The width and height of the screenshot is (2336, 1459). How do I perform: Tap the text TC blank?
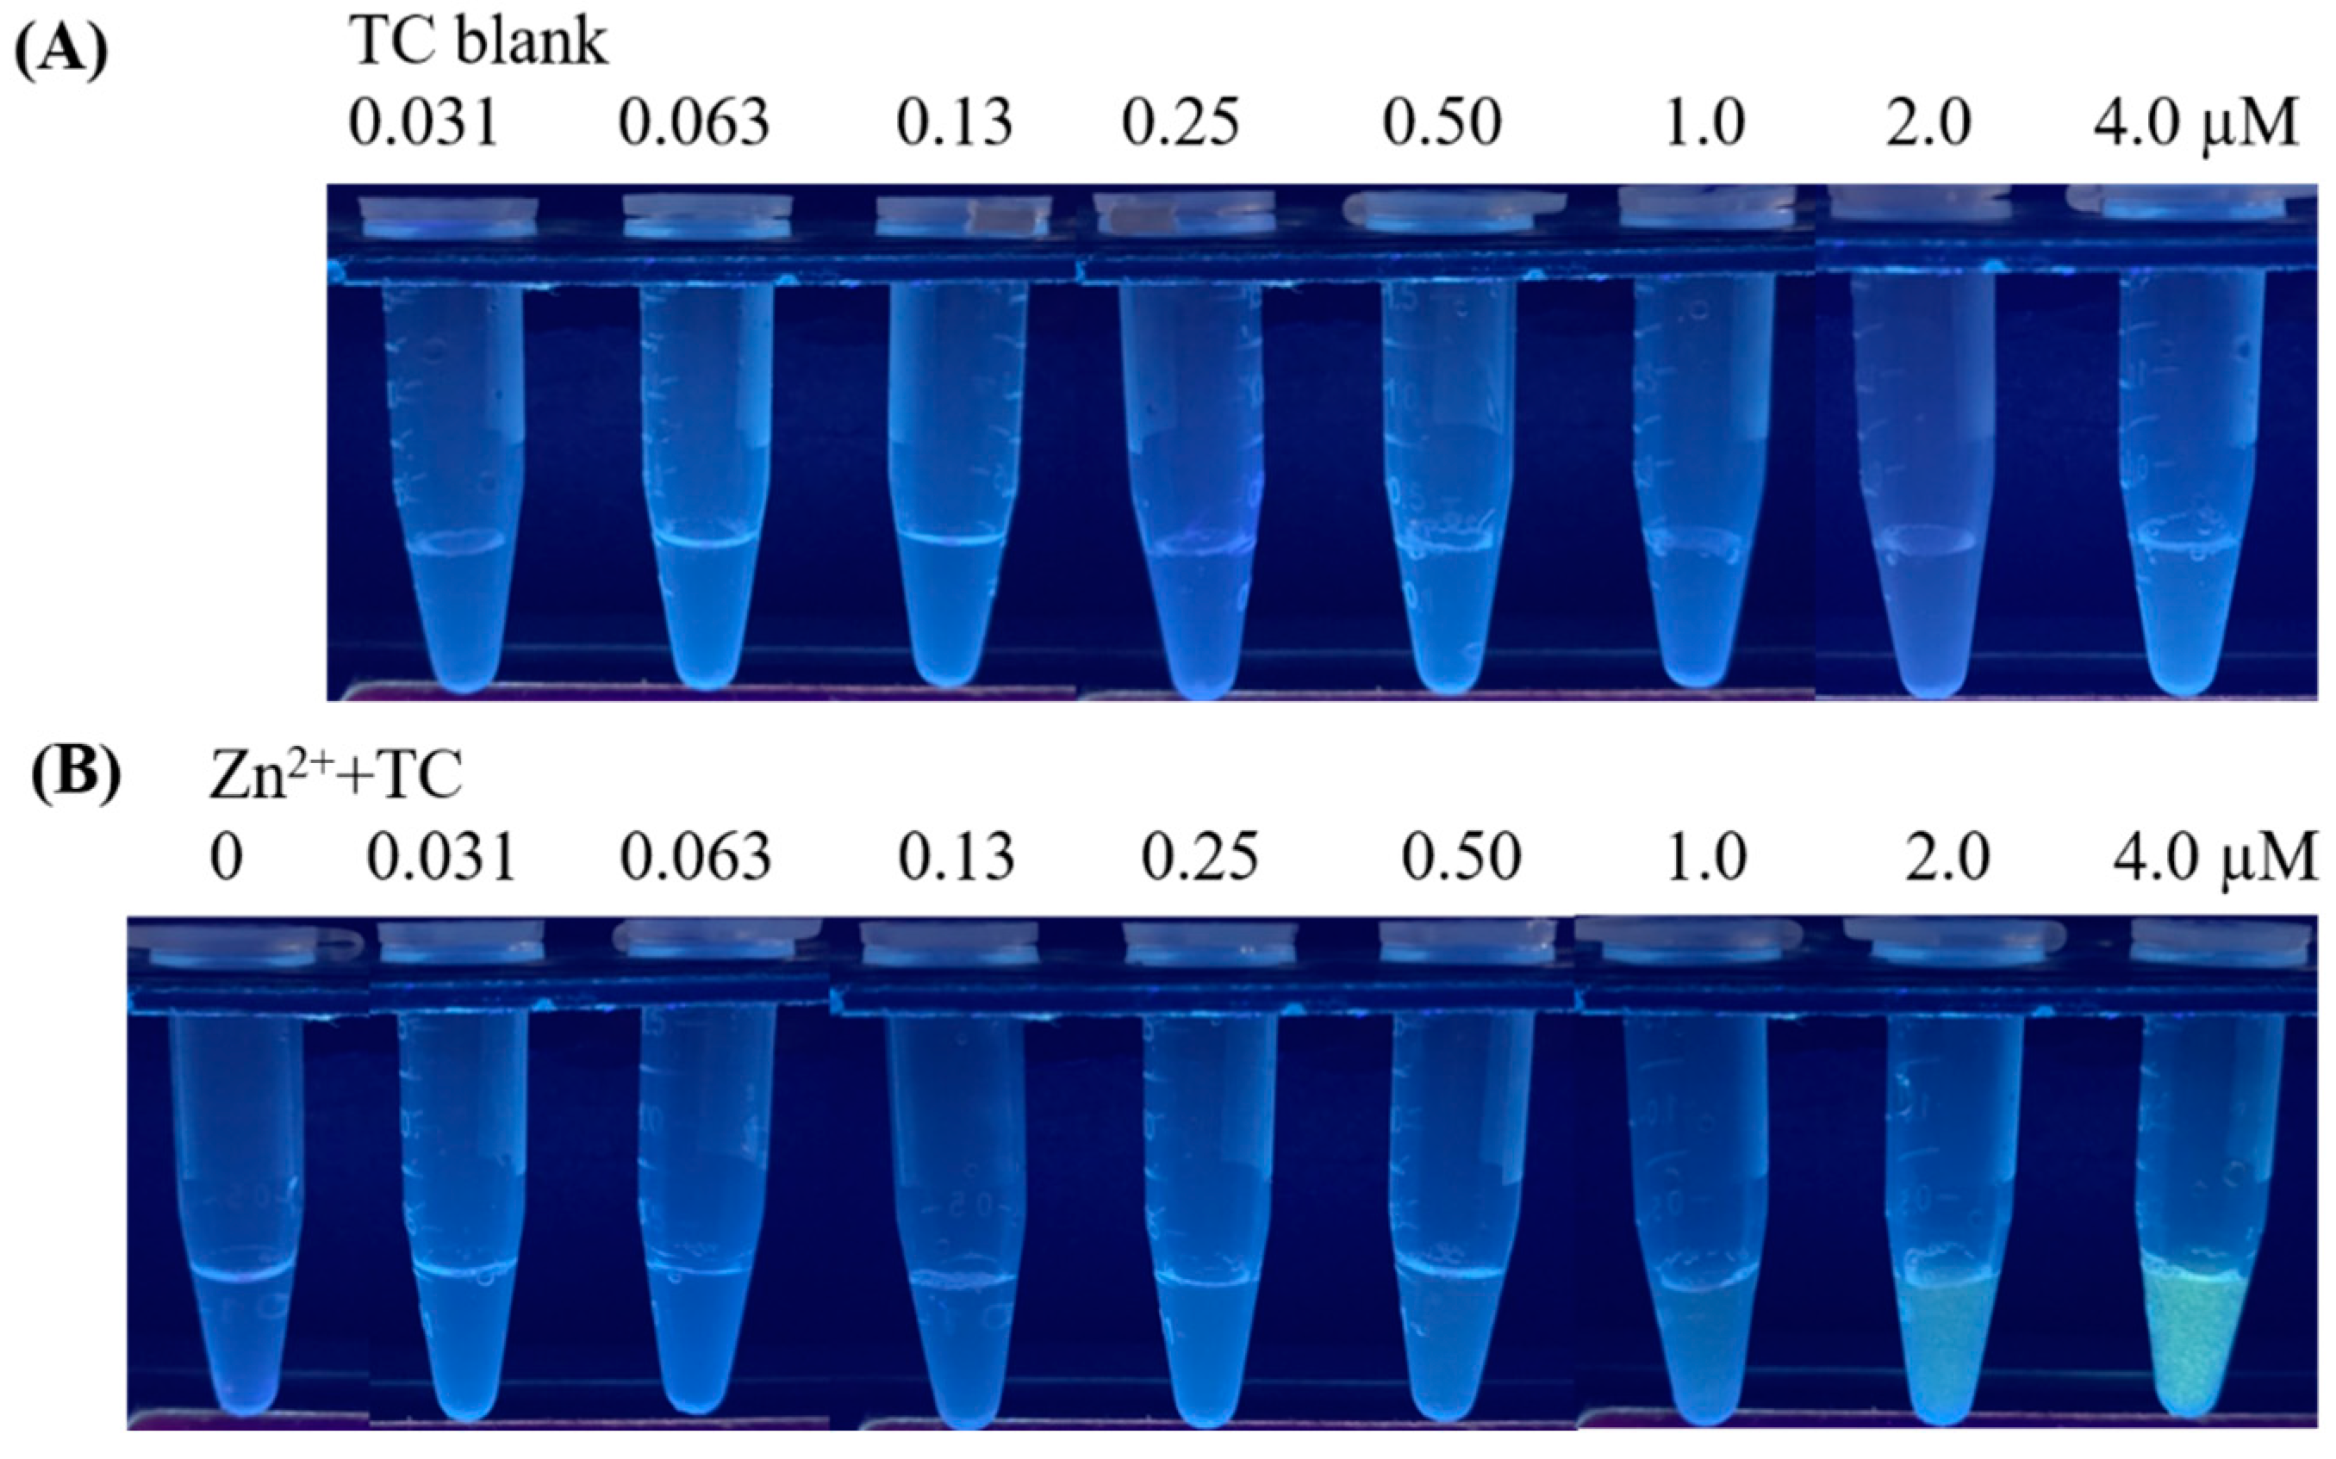479,42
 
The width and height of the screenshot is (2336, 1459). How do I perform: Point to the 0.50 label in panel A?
1442,123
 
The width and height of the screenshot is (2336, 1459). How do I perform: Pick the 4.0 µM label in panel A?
2195,123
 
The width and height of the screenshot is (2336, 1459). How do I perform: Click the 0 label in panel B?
226,857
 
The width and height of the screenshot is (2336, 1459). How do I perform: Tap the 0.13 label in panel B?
956,857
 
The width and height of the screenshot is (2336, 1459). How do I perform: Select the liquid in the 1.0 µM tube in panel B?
1695,1351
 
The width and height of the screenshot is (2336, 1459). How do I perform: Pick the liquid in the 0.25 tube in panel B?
1201,1351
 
